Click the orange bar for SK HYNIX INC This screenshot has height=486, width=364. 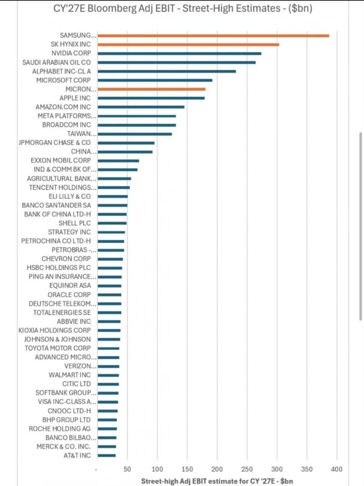click(188, 45)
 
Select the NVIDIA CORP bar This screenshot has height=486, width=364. click(179, 54)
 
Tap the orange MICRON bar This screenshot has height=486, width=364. click(151, 89)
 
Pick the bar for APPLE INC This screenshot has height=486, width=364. click(151, 98)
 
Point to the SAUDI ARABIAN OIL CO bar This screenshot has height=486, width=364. click(176, 62)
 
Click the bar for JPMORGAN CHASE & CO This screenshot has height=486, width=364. click(126, 143)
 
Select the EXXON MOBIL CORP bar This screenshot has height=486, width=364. click(118, 161)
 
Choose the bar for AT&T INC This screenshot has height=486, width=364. click(107, 455)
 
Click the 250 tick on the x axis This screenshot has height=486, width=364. click(247, 469)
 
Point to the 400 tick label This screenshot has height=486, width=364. click(337, 469)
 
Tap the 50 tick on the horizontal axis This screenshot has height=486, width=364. click(127, 469)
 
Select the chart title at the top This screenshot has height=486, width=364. click(182, 8)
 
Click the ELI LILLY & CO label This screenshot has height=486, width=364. click(70, 197)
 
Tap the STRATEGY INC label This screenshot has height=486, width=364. click(69, 232)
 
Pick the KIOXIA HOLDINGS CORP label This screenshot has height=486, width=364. click(54, 331)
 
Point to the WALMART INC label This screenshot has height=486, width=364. click(70, 375)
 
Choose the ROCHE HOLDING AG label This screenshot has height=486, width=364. click(60, 429)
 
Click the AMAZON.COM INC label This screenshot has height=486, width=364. click(63, 107)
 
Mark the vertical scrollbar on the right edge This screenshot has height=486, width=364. click(361, 226)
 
